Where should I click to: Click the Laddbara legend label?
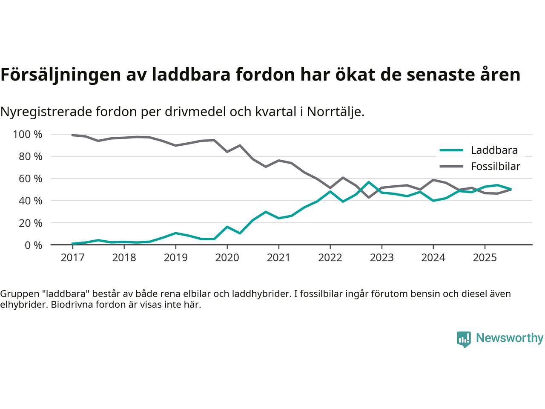(x=494, y=150)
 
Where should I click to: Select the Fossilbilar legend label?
(x=495, y=166)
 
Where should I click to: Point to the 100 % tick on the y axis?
(x=28, y=135)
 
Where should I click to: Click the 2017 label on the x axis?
(x=72, y=258)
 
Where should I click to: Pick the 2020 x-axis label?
(x=227, y=258)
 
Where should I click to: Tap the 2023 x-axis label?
(x=381, y=258)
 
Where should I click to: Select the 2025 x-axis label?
(x=485, y=258)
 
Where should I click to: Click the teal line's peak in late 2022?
(x=369, y=182)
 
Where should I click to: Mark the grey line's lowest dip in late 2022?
(x=369, y=197)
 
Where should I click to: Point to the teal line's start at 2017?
(x=73, y=244)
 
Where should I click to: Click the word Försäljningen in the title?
(x=60, y=75)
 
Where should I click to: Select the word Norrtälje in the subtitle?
(x=335, y=112)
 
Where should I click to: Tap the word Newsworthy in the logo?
(x=509, y=338)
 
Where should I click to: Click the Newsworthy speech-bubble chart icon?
(x=464, y=339)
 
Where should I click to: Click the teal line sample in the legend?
(x=451, y=150)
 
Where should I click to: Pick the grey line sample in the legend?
(x=451, y=166)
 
